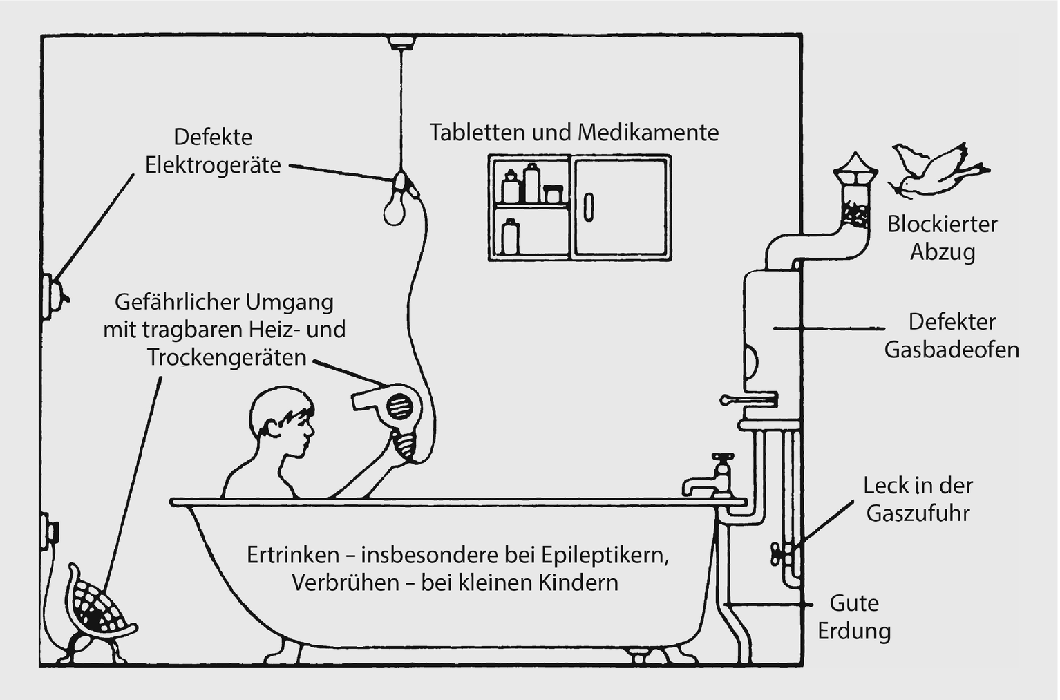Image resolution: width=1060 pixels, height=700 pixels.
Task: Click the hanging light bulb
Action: point(394,207)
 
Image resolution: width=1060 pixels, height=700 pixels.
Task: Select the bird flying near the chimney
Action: point(937,169)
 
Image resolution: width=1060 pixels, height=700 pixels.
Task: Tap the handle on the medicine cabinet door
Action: point(588,207)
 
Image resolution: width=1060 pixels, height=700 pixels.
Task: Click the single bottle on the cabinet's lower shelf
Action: point(511,236)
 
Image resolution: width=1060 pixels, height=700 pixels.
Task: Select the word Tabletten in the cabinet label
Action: point(477,132)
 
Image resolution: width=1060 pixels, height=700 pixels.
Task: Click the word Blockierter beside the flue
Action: point(943,224)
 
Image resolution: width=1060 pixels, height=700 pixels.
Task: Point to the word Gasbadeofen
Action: point(952,350)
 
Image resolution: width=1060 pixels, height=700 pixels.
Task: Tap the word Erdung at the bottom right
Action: point(854,631)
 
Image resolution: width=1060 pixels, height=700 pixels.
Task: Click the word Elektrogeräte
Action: point(213,165)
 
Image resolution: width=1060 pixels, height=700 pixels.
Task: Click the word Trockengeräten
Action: point(226,357)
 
